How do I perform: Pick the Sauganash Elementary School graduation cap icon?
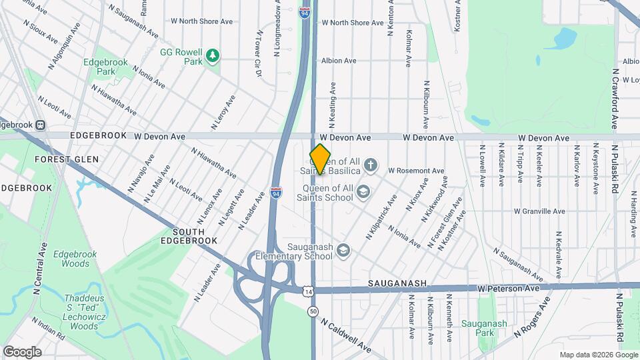tap(343, 251)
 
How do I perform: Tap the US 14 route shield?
tap(307, 291)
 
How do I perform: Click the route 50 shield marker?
tap(313, 311)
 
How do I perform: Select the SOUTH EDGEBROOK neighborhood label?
tap(189, 235)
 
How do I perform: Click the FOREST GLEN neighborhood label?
tap(67, 159)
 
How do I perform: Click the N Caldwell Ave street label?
tap(345, 335)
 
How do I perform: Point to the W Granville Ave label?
tap(539, 211)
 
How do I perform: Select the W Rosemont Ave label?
tap(416, 171)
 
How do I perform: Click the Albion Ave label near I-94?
tap(339, 60)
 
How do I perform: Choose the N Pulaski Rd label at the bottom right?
tap(621, 320)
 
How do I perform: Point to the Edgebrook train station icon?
tap(40, 124)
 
